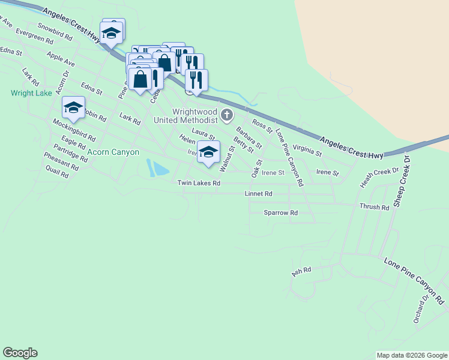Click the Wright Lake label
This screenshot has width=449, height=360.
click(x=31, y=93)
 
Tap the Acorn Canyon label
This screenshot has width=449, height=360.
click(x=113, y=152)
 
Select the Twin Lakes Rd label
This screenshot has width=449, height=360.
click(x=199, y=182)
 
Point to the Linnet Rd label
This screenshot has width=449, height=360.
click(x=259, y=194)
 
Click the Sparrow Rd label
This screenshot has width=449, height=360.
click(x=281, y=213)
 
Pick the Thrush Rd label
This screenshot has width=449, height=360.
click(x=374, y=207)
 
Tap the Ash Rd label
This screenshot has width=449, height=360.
click(x=301, y=272)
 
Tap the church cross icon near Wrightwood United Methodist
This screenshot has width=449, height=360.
click(x=226, y=115)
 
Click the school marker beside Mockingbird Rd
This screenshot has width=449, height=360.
click(x=73, y=108)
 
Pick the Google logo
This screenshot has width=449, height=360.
click(x=20, y=353)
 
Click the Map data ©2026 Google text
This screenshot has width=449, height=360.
click(x=412, y=355)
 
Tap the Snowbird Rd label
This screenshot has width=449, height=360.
click(x=55, y=31)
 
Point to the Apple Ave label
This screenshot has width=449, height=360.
click(x=61, y=59)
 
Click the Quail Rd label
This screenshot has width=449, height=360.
click(x=57, y=172)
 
